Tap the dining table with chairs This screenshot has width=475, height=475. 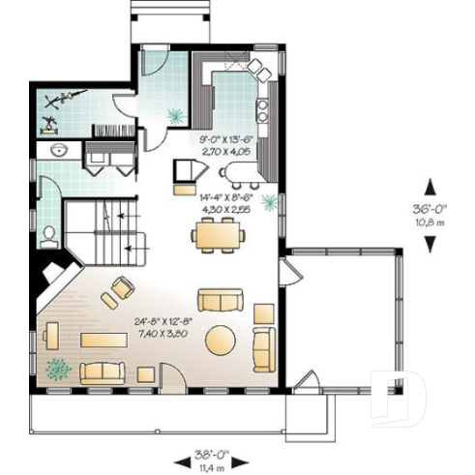point(217,233)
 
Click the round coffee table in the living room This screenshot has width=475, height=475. point(220,341)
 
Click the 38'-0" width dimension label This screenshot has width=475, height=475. point(204,450)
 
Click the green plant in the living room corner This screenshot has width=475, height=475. point(59,369)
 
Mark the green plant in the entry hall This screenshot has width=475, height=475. point(175,115)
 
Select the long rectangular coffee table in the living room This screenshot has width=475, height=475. point(105,340)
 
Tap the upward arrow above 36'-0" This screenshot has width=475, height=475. point(430,186)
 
